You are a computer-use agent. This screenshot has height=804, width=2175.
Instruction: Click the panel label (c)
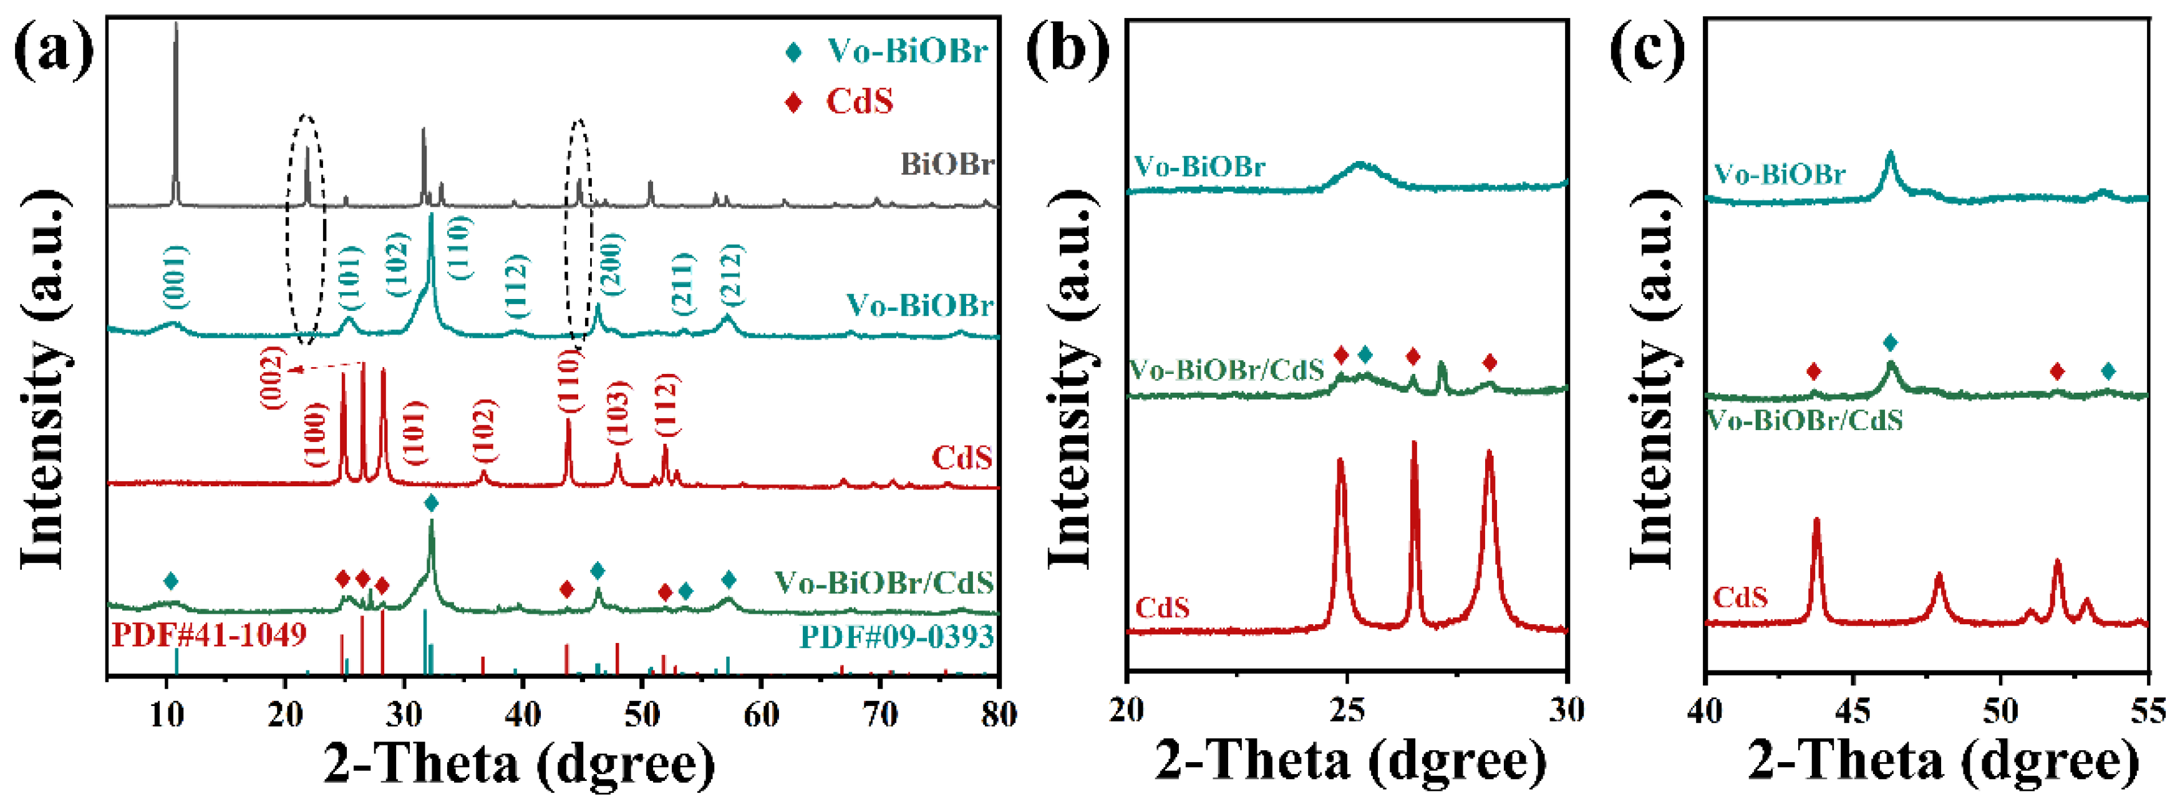[x=1647, y=52]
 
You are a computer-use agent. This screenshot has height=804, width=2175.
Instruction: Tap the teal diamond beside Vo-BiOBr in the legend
[x=793, y=52]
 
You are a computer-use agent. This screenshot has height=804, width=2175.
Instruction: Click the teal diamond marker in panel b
[x=1365, y=355]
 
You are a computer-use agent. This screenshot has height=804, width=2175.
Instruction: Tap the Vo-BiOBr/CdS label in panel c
[x=1804, y=419]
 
